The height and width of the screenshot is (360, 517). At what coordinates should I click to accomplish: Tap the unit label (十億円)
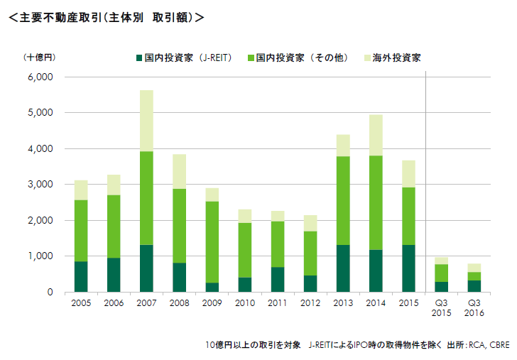[x=38, y=57]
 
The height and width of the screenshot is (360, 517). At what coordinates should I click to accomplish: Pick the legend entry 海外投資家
[x=398, y=58]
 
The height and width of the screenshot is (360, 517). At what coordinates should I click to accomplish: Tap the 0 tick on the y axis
[x=49, y=292]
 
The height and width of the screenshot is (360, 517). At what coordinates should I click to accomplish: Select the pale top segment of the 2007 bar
[x=146, y=121]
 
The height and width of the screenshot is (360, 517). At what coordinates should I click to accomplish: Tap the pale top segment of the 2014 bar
[x=376, y=135]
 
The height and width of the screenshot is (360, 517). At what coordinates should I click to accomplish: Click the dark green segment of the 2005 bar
[x=81, y=276]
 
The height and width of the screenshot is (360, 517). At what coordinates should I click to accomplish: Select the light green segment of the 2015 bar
[x=408, y=216]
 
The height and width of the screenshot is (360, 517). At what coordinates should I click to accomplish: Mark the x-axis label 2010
[x=244, y=304]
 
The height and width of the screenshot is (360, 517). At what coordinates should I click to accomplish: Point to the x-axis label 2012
[x=310, y=304]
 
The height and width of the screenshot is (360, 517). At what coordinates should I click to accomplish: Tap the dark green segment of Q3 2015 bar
[x=441, y=287]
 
